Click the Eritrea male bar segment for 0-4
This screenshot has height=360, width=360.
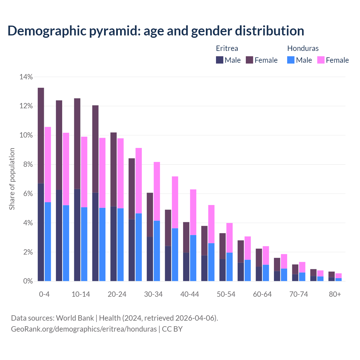(x=41, y=232)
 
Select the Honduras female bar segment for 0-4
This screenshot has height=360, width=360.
(x=48, y=165)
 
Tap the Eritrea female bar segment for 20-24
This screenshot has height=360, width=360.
(x=114, y=169)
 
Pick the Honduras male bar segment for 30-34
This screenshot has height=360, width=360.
(x=157, y=251)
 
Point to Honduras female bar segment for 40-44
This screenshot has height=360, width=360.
(x=193, y=212)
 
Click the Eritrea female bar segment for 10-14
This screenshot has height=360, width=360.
(x=77, y=143)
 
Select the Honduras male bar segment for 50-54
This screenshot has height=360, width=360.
(x=229, y=267)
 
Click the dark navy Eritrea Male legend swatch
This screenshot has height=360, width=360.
(x=220, y=60)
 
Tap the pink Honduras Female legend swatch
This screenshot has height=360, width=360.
(x=321, y=60)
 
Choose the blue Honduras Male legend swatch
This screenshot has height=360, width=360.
(x=291, y=60)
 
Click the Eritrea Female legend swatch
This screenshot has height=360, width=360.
(x=249, y=60)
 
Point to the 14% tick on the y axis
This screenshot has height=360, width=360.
(x=26, y=77)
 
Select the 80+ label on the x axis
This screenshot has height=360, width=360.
(x=335, y=294)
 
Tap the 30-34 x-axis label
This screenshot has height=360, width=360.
(x=153, y=294)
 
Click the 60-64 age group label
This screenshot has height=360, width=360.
(x=262, y=294)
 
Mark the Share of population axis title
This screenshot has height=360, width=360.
(x=12, y=179)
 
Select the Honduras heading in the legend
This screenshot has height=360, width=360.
(x=303, y=48)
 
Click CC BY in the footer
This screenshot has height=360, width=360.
(x=172, y=329)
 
